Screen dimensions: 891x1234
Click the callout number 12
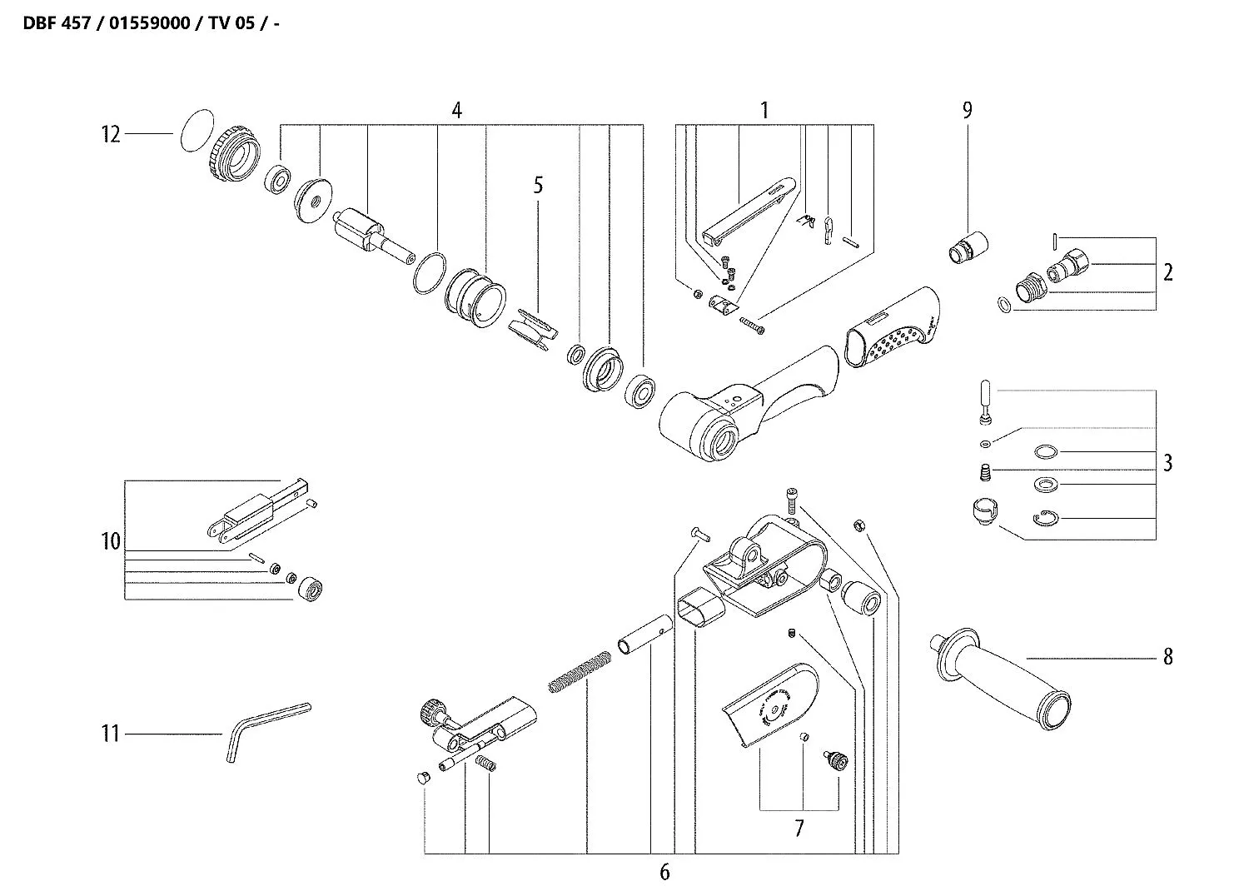click(111, 134)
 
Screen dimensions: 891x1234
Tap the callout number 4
click(456, 110)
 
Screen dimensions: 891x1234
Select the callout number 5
click(538, 185)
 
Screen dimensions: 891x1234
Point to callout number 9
click(967, 110)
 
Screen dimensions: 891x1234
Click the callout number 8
click(1167, 657)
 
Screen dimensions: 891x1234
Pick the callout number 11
click(111, 734)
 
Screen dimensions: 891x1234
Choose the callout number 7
click(799, 829)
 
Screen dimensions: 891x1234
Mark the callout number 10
click(111, 541)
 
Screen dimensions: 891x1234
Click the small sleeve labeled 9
click(969, 247)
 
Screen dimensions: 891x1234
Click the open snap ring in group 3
click(1044, 518)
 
